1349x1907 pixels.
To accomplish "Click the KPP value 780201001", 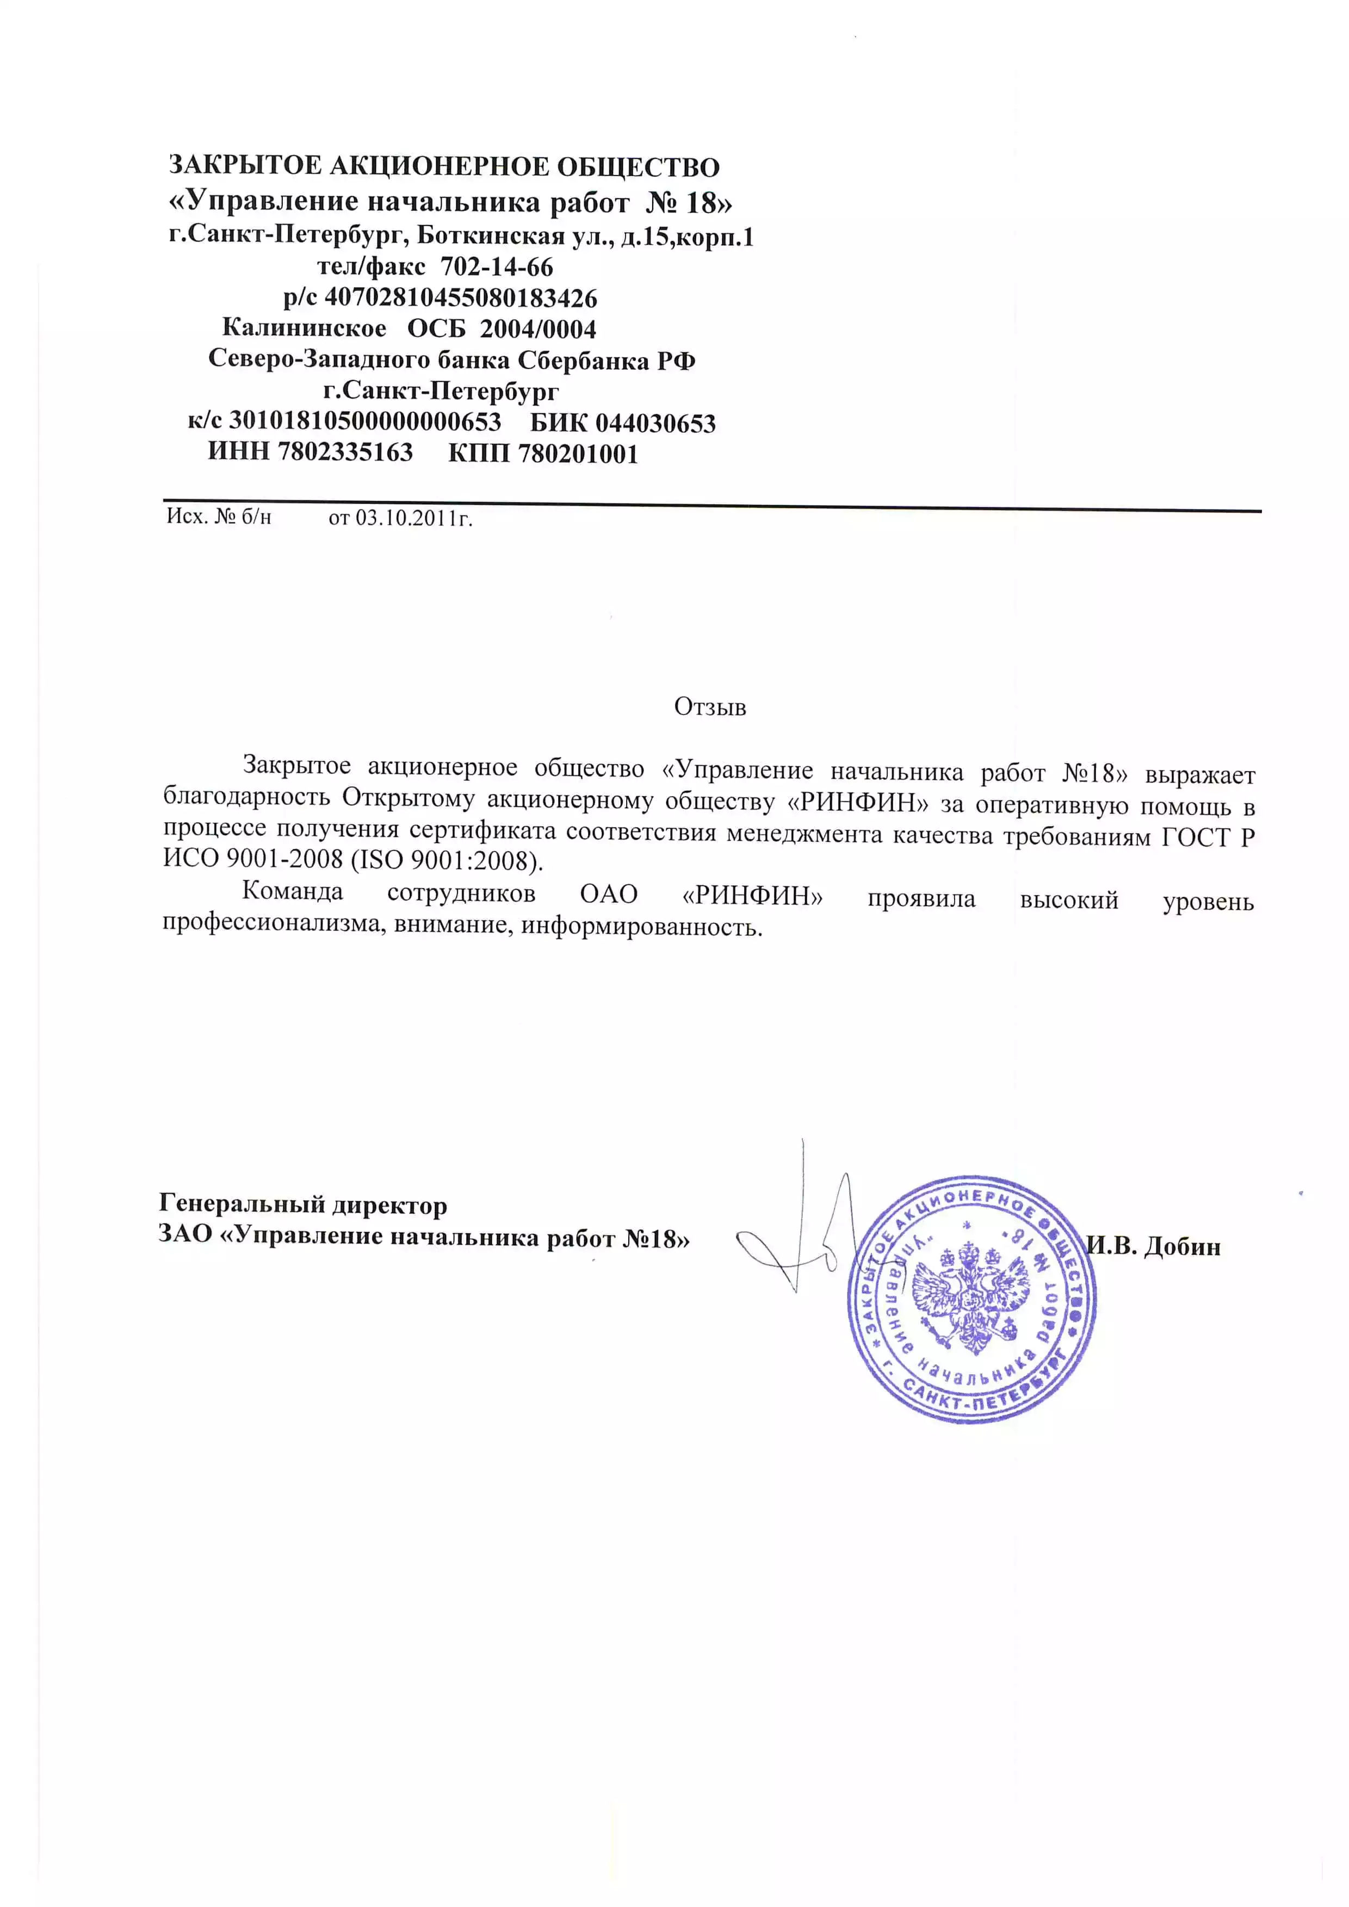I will [x=578, y=455].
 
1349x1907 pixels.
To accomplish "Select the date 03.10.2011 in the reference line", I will [x=402, y=518].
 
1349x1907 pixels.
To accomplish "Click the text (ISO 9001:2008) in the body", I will [x=447, y=860].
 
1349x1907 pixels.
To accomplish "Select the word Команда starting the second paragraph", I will [x=293, y=892].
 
